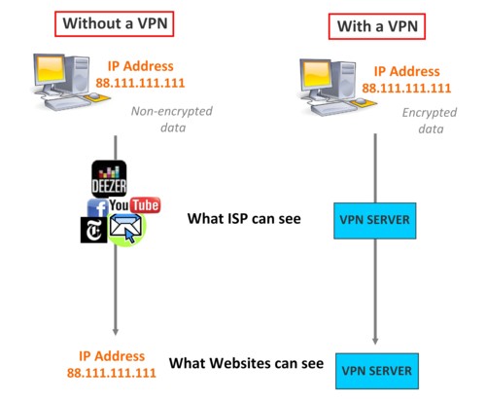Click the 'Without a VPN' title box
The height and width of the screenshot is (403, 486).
(x=114, y=23)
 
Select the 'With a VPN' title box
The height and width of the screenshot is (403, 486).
(x=377, y=26)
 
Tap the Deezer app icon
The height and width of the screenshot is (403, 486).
(x=109, y=179)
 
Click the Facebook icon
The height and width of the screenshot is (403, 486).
(x=97, y=208)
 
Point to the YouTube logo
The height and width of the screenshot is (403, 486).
(x=135, y=205)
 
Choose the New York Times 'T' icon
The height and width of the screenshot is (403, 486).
(x=93, y=230)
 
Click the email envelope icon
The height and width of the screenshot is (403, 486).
(x=126, y=229)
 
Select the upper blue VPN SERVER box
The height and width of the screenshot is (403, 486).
(x=375, y=221)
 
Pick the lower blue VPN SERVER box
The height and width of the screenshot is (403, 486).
(x=377, y=371)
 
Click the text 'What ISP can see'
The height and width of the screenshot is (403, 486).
(x=244, y=219)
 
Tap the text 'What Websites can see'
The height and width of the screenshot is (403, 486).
(x=246, y=363)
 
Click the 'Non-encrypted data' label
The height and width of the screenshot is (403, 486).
(x=172, y=119)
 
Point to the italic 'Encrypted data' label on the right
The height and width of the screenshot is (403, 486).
(x=430, y=121)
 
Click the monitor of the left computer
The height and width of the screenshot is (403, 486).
(x=50, y=70)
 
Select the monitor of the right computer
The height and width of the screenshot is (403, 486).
(x=315, y=75)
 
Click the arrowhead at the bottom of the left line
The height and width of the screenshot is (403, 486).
(x=116, y=331)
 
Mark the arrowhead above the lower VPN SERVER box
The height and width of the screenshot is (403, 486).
(x=375, y=341)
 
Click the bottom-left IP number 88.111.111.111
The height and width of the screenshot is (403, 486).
(x=112, y=373)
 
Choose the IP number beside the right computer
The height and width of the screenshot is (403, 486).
(x=406, y=89)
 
